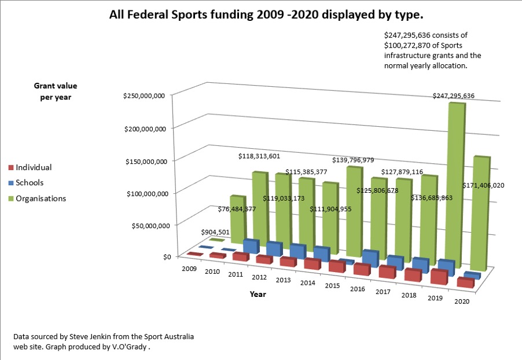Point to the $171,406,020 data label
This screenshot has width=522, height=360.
(x=484, y=185)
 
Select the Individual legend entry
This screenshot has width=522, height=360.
(x=34, y=167)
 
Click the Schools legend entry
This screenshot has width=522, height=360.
(x=30, y=183)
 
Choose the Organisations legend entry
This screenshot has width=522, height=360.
(x=41, y=199)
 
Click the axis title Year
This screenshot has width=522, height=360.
(x=258, y=294)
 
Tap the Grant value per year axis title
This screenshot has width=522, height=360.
(x=52, y=91)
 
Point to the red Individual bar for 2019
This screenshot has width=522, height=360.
(x=439, y=278)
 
